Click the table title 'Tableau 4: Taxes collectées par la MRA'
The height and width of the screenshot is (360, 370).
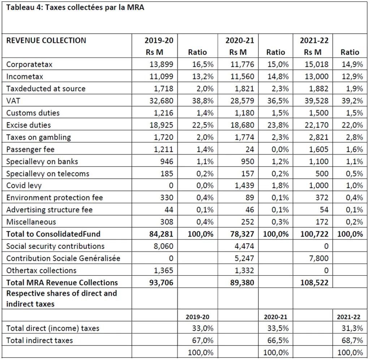[x=75, y=8]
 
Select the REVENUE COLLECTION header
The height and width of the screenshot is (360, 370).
[x=46, y=41]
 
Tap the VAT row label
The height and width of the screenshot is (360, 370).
[x=13, y=101]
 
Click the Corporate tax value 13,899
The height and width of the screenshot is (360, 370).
[x=162, y=64]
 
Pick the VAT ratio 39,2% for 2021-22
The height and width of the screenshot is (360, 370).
[x=352, y=101]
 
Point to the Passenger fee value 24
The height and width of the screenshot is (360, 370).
[x=250, y=149]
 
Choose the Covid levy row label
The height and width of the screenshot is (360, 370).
[x=24, y=186]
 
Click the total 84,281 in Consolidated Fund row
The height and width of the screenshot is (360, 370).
[x=162, y=234]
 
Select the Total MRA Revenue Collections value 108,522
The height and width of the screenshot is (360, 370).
[x=314, y=283]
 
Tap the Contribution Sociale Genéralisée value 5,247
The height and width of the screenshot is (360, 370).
[x=244, y=258]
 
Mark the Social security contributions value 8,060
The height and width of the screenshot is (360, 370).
[x=164, y=246]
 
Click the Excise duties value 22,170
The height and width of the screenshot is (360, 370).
[x=317, y=125]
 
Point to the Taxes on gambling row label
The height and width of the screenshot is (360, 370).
[x=38, y=137]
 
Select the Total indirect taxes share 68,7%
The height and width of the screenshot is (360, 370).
[x=352, y=340]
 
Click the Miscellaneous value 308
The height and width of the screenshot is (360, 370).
[x=167, y=222]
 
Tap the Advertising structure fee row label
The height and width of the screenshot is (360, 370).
[x=49, y=210]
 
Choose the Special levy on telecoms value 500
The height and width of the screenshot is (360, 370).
[x=322, y=174]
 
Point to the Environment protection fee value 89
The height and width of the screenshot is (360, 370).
[x=250, y=198]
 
